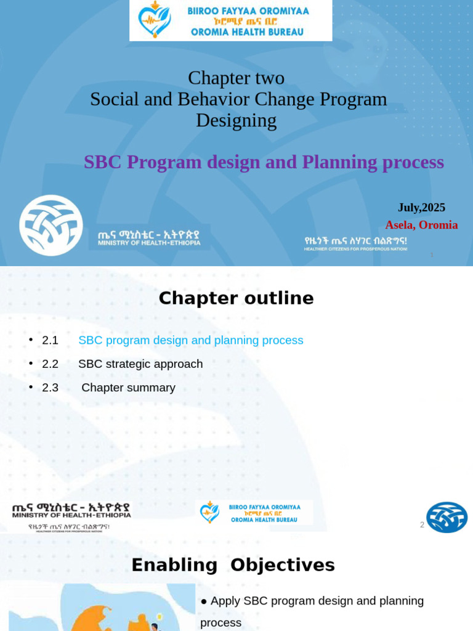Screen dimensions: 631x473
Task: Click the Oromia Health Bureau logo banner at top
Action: click(230, 20)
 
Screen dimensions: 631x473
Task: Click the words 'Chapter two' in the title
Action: click(236, 78)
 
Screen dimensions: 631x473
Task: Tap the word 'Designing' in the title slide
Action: click(236, 120)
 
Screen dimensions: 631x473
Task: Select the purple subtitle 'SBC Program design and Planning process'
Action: click(264, 162)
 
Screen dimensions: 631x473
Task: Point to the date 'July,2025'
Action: click(421, 208)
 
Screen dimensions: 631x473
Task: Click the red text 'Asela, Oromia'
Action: click(421, 225)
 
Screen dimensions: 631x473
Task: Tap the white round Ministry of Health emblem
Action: click(51, 226)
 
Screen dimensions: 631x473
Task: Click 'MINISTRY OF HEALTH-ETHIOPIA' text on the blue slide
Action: click(149, 243)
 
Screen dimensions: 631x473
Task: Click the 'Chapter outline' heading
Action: click(236, 298)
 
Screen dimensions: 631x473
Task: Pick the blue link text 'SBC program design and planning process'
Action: click(191, 340)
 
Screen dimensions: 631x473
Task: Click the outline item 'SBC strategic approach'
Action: click(140, 364)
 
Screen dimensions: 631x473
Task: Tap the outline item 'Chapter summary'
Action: click(128, 388)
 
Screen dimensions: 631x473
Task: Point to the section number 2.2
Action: click(50, 364)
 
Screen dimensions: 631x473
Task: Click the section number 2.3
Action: click(50, 388)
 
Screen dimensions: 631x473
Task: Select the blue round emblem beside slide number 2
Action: click(447, 517)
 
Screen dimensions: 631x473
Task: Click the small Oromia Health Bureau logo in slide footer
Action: click(254, 512)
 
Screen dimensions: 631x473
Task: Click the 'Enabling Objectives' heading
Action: click(233, 565)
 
